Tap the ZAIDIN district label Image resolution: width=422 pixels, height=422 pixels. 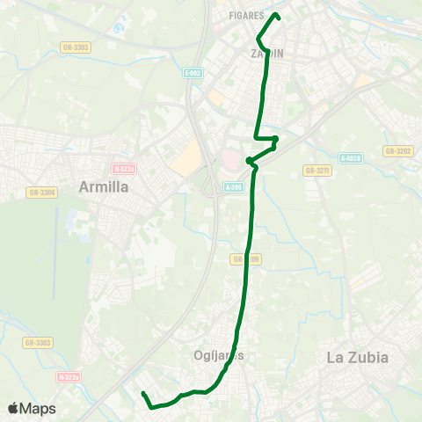pyautogui.click(x=267, y=54)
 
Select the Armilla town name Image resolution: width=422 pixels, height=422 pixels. pyautogui.click(x=104, y=186)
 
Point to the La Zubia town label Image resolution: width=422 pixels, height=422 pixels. pyautogui.click(x=357, y=357)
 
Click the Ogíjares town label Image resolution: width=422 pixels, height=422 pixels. pyautogui.click(x=216, y=355)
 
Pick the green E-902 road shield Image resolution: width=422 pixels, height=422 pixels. pyautogui.click(x=193, y=74)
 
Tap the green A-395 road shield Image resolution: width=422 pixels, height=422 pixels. pyautogui.click(x=233, y=186)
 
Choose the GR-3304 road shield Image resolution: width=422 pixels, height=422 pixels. pyautogui.click(x=41, y=192)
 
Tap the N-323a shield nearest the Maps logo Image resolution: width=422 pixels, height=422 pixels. pyautogui.click(x=68, y=377)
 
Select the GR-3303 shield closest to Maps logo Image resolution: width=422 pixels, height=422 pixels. pyautogui.click(x=38, y=342)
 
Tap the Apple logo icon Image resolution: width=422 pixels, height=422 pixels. pyautogui.click(x=13, y=409)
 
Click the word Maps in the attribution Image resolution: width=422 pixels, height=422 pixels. pyautogui.click(x=38, y=409)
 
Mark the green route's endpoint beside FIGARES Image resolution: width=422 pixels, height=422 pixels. pyautogui.click(x=278, y=15)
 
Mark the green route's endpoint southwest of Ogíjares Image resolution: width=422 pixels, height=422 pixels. pyautogui.click(x=142, y=393)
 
